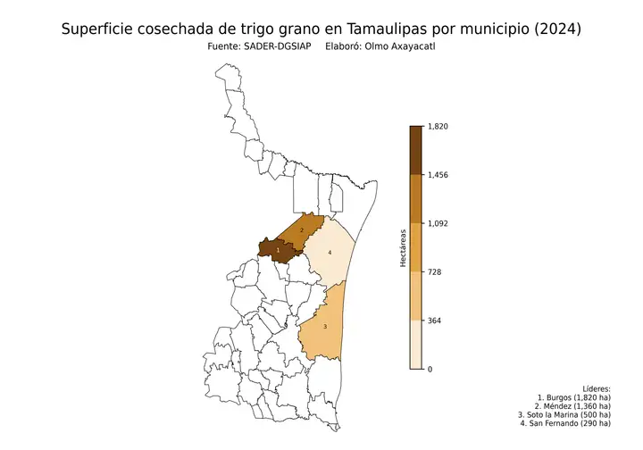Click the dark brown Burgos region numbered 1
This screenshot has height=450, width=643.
pos(279,251)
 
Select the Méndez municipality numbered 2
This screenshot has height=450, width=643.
pos(302,230)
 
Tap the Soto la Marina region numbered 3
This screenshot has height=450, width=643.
pos(325,327)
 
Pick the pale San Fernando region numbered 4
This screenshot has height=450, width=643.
pos(330,253)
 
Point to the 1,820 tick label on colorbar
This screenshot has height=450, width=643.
pos(438,127)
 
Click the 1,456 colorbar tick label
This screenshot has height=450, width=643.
pos(438,175)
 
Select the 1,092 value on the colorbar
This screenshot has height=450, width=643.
pos(438,223)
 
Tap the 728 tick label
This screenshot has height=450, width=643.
pos(434,271)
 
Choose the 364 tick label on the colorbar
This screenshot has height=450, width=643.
pos(434,320)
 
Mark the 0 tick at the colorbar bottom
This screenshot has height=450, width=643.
pos(430,368)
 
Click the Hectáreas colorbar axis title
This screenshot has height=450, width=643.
pos(404,247)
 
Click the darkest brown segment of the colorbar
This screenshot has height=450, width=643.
pos(416,150)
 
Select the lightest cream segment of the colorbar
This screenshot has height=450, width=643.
pos(416,344)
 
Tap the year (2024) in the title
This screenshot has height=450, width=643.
pos(555,29)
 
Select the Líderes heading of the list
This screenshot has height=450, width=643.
pos(596,389)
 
